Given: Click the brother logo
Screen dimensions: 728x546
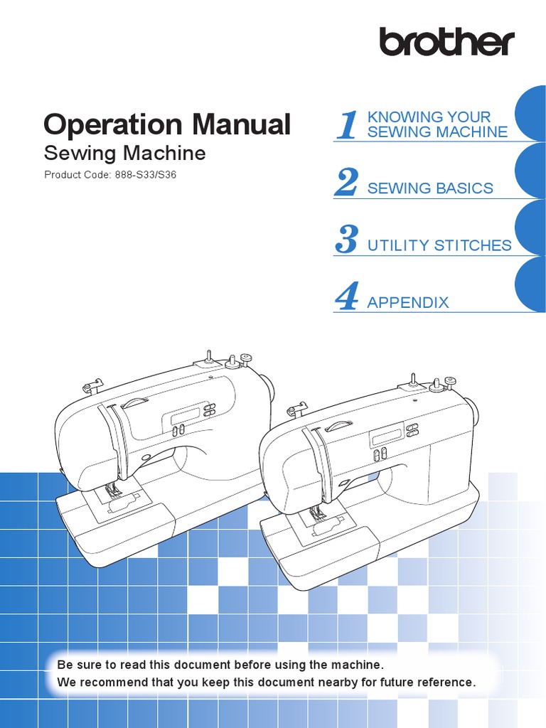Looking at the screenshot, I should [446, 42].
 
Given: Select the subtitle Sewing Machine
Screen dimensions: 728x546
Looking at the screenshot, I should [124, 153].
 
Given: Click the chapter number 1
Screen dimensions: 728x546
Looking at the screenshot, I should [347, 126].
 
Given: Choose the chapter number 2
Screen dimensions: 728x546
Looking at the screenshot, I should [346, 183].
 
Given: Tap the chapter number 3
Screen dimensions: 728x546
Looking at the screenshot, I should [346, 240].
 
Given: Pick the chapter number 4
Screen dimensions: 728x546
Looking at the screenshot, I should [346, 296].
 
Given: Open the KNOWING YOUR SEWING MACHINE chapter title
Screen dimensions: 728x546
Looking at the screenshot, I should [437, 124].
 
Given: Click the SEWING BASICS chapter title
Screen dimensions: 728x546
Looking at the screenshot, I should [430, 188].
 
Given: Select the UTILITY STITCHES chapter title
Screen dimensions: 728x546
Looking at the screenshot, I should [439, 245].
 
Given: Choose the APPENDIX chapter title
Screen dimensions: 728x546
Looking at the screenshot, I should [408, 302].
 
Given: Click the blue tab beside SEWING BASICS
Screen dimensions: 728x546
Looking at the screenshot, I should [530, 171].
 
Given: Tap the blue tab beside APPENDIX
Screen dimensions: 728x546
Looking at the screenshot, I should [530, 284].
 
